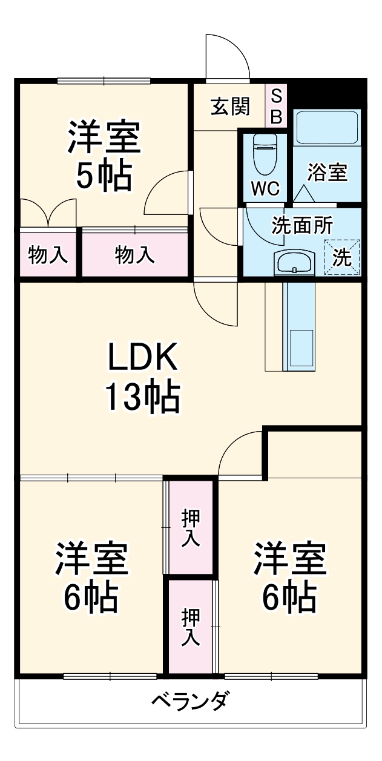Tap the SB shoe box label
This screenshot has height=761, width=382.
(x=276, y=106)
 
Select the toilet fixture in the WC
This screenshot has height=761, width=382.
(x=265, y=154)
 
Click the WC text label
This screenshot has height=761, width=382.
(x=265, y=189)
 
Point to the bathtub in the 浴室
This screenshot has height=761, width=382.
(x=327, y=127)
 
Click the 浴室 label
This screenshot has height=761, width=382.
(x=327, y=173)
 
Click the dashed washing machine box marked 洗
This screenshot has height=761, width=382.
(x=342, y=257)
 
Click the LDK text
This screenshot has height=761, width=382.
(x=142, y=359)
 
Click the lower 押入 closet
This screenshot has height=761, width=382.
(x=191, y=627)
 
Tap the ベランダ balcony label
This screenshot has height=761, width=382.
(x=189, y=702)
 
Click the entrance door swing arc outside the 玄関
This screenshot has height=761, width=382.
(x=227, y=58)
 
